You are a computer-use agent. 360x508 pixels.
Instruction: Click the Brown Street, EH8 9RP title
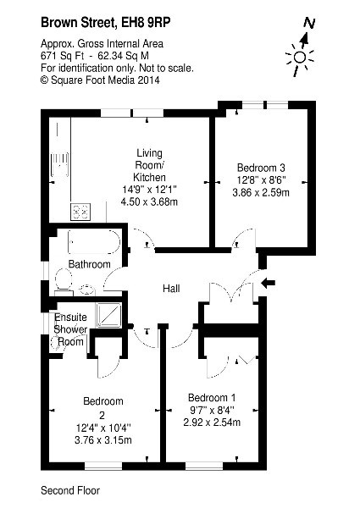(105, 23)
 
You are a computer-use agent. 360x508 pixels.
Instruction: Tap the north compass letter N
(309, 23)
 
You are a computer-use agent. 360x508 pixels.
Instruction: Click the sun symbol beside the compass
(300, 58)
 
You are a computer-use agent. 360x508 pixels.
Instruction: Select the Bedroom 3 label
(261, 168)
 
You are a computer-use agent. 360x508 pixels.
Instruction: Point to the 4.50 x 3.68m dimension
(149, 202)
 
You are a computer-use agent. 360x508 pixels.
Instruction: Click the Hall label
(171, 289)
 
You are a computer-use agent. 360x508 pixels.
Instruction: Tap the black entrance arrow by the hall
(269, 283)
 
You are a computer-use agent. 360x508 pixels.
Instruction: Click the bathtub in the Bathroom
(94, 242)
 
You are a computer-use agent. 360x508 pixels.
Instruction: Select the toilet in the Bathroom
(64, 279)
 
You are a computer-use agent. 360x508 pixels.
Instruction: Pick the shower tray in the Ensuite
(109, 316)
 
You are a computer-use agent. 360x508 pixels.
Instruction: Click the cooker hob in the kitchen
(80, 212)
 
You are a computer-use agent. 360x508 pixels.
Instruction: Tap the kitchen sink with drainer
(59, 165)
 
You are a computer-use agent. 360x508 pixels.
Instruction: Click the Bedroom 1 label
(212, 398)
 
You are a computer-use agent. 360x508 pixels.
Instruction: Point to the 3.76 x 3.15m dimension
(103, 440)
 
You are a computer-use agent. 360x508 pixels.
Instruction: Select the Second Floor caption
(70, 490)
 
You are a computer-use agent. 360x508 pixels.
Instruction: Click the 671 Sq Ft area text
(62, 56)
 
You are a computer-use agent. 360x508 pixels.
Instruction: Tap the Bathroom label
(90, 264)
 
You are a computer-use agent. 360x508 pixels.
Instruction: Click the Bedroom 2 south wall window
(103, 467)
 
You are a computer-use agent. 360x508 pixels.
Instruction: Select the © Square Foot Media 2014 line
(100, 80)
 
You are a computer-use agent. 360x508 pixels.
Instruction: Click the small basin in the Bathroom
(87, 290)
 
